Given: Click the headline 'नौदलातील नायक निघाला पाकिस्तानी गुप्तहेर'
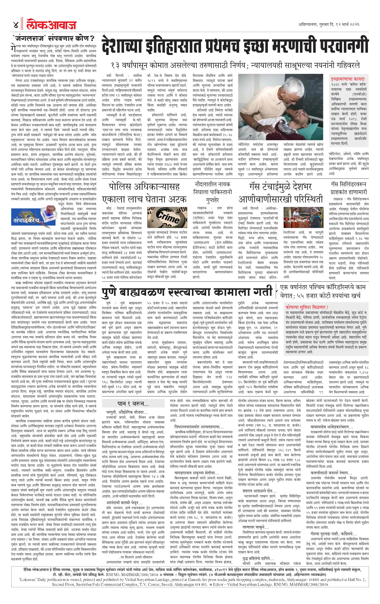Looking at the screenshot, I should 212,192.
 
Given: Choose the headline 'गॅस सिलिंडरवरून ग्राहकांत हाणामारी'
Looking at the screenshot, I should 348,188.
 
